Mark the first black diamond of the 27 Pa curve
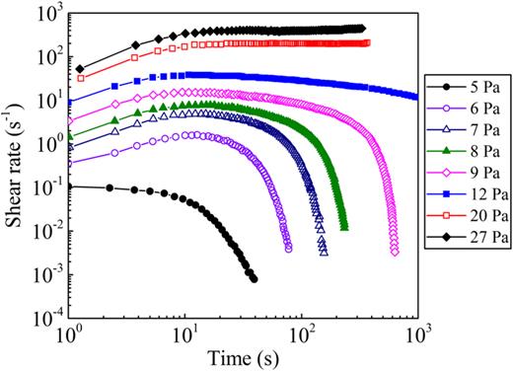coord(80,69)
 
